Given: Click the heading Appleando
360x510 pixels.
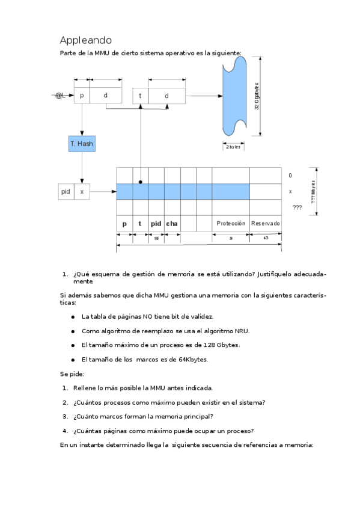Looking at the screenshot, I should (86, 40).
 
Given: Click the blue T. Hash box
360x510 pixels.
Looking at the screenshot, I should (82, 144).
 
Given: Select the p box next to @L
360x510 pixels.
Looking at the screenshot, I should (82, 96).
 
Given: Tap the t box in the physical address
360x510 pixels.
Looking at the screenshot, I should (140, 96).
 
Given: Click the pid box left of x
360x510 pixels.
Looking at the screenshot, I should (66, 192).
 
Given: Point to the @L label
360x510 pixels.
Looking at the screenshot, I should (60, 96).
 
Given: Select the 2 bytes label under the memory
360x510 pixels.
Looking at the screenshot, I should (233, 147).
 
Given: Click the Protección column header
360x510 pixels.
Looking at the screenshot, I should (231, 223).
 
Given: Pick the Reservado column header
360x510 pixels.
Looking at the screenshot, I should (266, 223).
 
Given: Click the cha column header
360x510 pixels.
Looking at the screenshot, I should (172, 224).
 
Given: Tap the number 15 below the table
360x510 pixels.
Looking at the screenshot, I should (156, 239).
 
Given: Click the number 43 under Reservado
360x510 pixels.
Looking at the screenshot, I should (266, 239).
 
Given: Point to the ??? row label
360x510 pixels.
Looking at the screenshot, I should (297, 207).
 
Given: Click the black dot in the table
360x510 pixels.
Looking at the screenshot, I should (140, 181).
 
